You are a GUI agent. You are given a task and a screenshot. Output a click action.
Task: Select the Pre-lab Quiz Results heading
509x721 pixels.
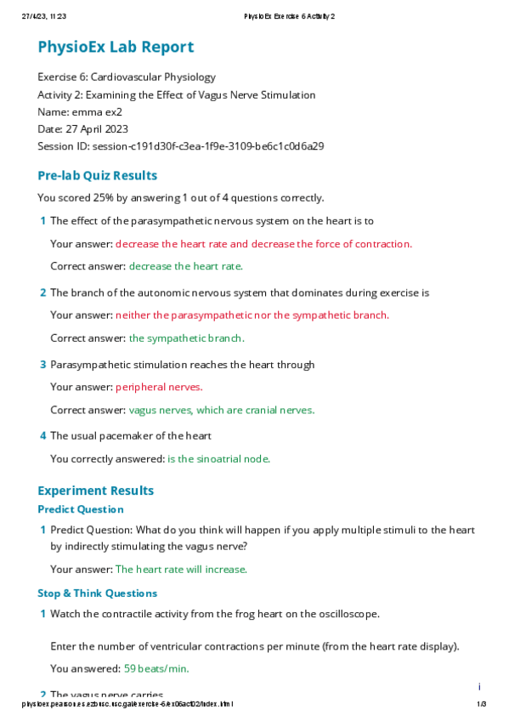[x=97, y=176]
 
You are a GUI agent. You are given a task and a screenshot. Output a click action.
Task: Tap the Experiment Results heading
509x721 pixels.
[x=95, y=491]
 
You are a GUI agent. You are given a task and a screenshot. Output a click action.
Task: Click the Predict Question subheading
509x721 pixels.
[x=80, y=509]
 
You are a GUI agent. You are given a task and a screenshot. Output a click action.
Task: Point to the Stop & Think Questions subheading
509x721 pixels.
[x=97, y=593]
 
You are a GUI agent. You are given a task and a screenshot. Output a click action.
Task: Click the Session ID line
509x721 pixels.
[x=180, y=146]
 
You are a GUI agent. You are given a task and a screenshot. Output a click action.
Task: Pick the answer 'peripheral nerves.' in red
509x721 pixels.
[x=159, y=387]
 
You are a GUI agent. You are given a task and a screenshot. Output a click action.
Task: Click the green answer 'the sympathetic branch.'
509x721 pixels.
[x=186, y=338]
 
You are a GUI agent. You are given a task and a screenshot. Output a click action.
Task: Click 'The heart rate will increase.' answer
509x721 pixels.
[x=181, y=569]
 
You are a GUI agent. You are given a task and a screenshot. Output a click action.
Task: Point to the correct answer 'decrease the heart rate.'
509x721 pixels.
[x=185, y=266]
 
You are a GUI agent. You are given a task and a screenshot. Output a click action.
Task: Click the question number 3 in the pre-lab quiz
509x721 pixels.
[x=42, y=365]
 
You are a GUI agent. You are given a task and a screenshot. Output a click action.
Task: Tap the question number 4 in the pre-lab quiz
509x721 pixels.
[x=42, y=436]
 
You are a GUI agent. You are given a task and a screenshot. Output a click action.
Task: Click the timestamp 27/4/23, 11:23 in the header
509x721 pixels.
[x=43, y=16]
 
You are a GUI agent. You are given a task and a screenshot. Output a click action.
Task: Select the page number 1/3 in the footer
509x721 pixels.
[x=481, y=705]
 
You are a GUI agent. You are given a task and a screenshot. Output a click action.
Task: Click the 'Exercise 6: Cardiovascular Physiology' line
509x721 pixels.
[x=126, y=77]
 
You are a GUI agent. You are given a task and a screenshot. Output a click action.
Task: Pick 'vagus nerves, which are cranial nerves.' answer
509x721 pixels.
[x=221, y=410]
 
